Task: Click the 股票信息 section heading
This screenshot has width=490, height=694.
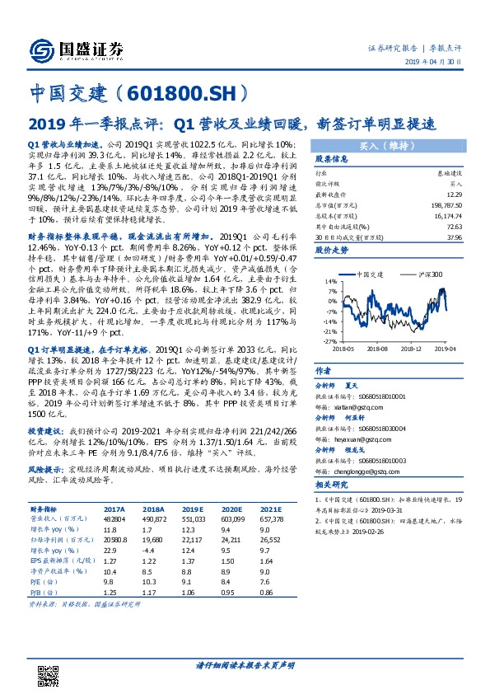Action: point(331,159)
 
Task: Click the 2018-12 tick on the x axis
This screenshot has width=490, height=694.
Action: point(412,349)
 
